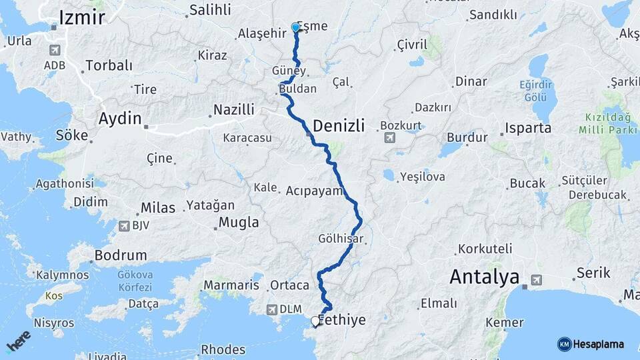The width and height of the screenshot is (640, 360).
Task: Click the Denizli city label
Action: (x=339, y=125)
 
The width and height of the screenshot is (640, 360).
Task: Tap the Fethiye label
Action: (x=343, y=321)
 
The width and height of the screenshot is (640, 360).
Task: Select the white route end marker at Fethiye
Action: (x=315, y=321)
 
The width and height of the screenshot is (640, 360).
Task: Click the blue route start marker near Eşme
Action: (x=295, y=28)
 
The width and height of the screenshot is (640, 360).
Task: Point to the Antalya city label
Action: (x=484, y=277)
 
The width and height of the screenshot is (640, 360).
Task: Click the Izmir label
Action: (x=82, y=17)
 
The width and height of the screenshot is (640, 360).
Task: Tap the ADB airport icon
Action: (x=54, y=50)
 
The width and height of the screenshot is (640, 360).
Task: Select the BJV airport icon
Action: (x=123, y=226)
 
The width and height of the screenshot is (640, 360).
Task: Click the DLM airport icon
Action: (x=271, y=309)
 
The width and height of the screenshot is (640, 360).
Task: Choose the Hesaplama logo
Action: (x=591, y=344)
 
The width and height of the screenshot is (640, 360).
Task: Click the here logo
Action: (x=18, y=341)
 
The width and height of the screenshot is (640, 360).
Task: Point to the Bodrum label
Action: (x=120, y=255)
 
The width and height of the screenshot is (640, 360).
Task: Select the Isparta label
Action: (x=528, y=128)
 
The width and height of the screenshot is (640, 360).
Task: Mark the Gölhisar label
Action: (x=341, y=239)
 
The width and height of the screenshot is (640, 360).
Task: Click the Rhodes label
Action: (x=223, y=350)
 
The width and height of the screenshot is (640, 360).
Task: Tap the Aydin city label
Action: (x=120, y=119)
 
